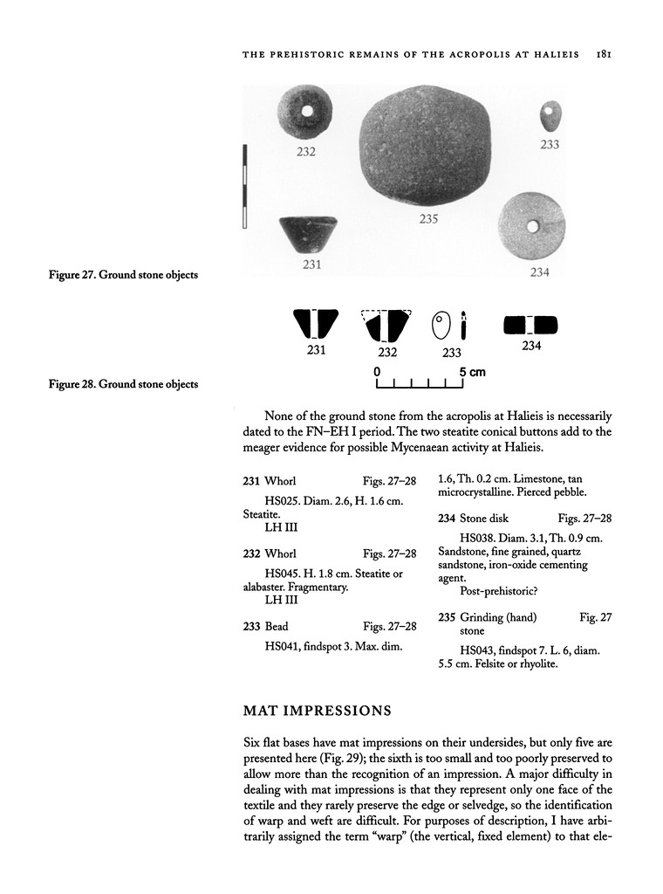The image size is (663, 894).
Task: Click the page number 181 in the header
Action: point(603,52)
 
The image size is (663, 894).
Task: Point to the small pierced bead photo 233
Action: point(549,115)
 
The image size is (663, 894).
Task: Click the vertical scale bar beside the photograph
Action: point(246,187)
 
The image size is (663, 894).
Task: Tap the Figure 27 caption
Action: point(122,275)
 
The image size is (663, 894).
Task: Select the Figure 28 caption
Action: point(122,383)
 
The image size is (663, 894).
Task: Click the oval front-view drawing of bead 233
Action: point(441,327)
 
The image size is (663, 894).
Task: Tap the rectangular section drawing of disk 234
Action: point(531,326)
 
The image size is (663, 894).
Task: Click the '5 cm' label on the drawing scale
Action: point(472,372)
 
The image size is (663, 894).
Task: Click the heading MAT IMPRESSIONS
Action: point(317,711)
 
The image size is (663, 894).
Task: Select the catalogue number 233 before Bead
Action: point(252,626)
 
